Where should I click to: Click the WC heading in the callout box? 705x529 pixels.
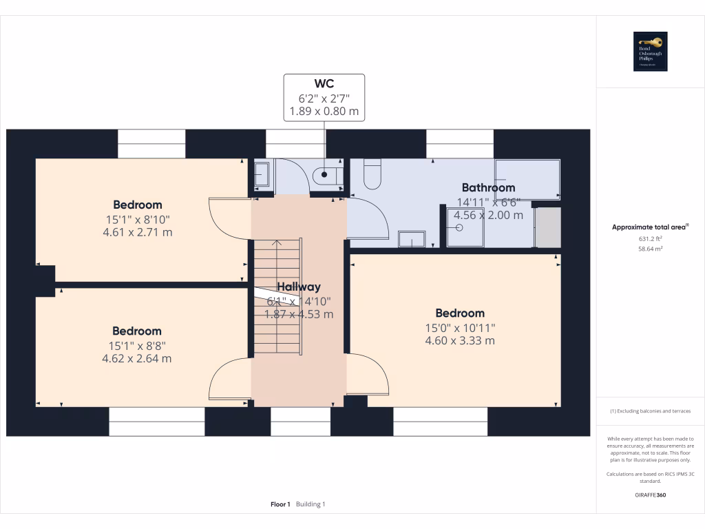click(324, 85)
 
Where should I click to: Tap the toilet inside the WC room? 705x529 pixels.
click(327, 176)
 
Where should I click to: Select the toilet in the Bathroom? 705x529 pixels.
click(372, 174)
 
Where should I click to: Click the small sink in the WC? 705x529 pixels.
click(262, 176)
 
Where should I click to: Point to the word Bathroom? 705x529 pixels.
click(488, 187)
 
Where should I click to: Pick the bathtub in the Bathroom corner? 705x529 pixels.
click(527, 180)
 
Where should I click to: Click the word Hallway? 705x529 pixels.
click(299, 287)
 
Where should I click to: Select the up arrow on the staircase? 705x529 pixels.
click(277, 243)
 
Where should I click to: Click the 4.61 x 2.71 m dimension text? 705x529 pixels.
click(138, 232)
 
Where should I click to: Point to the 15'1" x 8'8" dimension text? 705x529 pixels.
click(137, 345)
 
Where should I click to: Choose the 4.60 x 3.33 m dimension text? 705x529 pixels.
click(460, 340)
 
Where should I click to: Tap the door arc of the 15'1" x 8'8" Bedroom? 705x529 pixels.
click(227, 379)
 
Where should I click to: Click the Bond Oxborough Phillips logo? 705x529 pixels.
click(651, 52)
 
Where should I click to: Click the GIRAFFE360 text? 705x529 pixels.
click(651, 495)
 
